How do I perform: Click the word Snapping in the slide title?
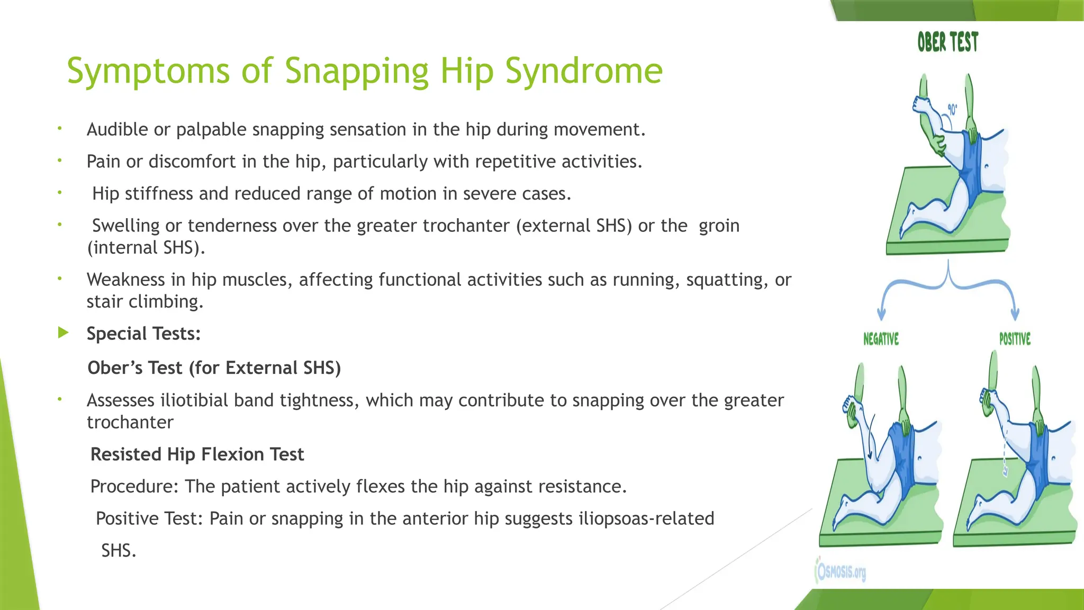tap(356, 71)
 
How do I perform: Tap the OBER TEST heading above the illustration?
tap(947, 42)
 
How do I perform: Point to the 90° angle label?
tap(952, 110)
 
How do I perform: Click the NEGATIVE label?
tap(881, 339)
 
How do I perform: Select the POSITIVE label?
tap(1015, 339)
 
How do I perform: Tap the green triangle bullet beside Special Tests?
tap(63, 333)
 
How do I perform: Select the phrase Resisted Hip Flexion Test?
tap(197, 454)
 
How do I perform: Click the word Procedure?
tap(134, 486)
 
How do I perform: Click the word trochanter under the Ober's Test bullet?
tap(130, 423)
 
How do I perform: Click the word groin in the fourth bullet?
tap(719, 226)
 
